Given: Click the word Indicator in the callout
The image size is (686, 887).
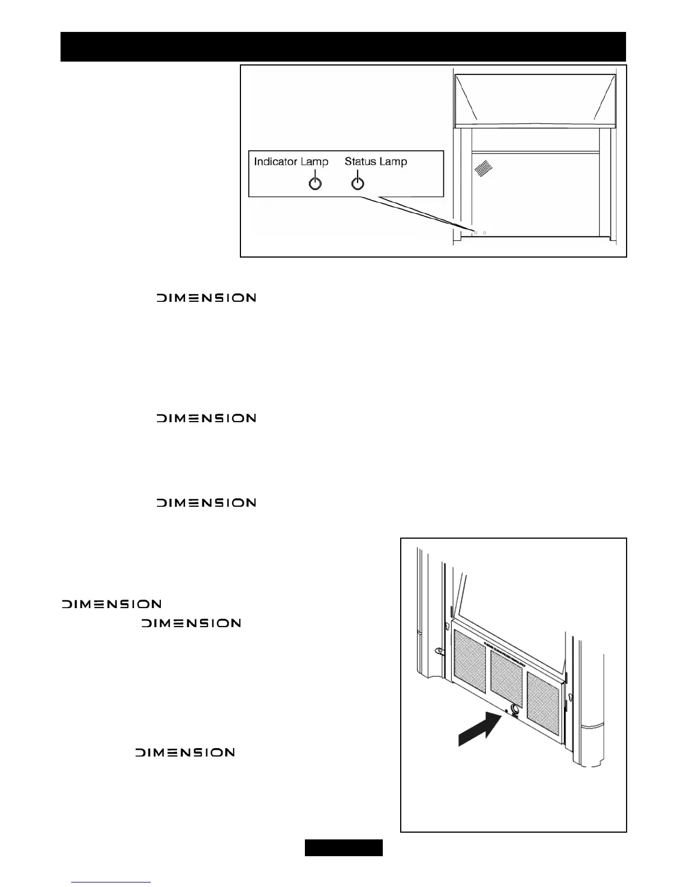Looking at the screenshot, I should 275,162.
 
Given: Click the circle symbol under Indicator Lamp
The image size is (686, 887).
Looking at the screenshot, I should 316,183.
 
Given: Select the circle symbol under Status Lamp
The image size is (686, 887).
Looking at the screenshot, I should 358,183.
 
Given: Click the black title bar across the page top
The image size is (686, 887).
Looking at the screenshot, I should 343,46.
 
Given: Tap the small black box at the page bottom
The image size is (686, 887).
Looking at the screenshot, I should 344,848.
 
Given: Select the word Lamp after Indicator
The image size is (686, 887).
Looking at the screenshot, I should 314,162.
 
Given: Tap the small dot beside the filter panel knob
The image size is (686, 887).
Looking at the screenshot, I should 506,711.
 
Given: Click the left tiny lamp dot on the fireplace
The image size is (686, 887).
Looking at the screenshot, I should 476,232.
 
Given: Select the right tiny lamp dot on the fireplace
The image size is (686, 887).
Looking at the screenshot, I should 485,232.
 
